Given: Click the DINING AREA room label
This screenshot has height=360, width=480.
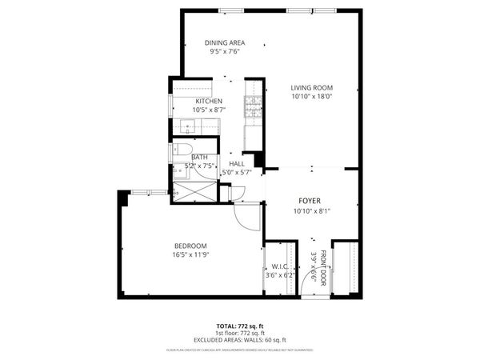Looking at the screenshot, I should click(224, 42).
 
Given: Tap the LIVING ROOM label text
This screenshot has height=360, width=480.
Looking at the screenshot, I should click(311, 87).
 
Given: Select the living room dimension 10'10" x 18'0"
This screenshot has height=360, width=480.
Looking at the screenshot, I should click(311, 96).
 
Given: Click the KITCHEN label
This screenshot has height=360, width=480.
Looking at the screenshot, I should click(208, 101).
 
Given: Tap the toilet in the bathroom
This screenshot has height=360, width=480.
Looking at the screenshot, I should click(181, 150).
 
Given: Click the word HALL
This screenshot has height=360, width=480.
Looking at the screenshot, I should click(237, 163).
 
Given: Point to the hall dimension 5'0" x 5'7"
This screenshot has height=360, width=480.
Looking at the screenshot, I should click(237, 171).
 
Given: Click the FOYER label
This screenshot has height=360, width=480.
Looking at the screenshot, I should click(310, 201).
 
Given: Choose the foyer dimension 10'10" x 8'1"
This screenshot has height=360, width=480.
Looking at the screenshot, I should click(310, 211).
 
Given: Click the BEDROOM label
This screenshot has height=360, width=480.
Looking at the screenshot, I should click(190, 246).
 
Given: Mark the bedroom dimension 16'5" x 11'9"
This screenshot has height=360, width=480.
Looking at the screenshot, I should click(190, 255).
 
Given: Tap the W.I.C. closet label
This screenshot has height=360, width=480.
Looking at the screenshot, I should click(280, 266).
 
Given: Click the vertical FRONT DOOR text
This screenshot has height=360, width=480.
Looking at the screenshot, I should click(323, 268).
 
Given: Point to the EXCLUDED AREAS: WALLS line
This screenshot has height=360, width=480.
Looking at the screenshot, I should click(239, 341).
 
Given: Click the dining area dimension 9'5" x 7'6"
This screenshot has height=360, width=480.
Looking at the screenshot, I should click(224, 51).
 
